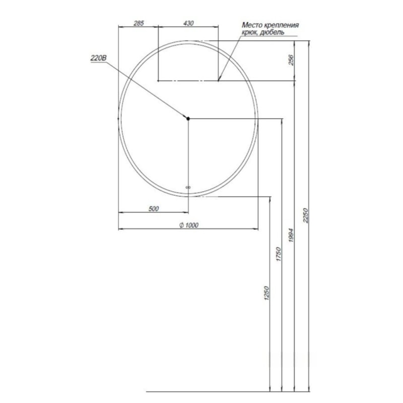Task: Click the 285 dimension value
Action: (x=139, y=23)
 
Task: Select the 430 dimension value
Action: (x=188, y=23)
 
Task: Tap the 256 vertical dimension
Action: (x=291, y=60)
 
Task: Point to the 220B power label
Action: (x=98, y=58)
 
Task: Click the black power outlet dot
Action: (x=188, y=118)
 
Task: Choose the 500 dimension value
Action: (x=154, y=209)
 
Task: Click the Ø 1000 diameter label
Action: (x=189, y=225)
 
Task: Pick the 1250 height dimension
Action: (x=266, y=294)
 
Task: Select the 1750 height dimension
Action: (x=279, y=254)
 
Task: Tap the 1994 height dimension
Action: (x=291, y=235)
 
